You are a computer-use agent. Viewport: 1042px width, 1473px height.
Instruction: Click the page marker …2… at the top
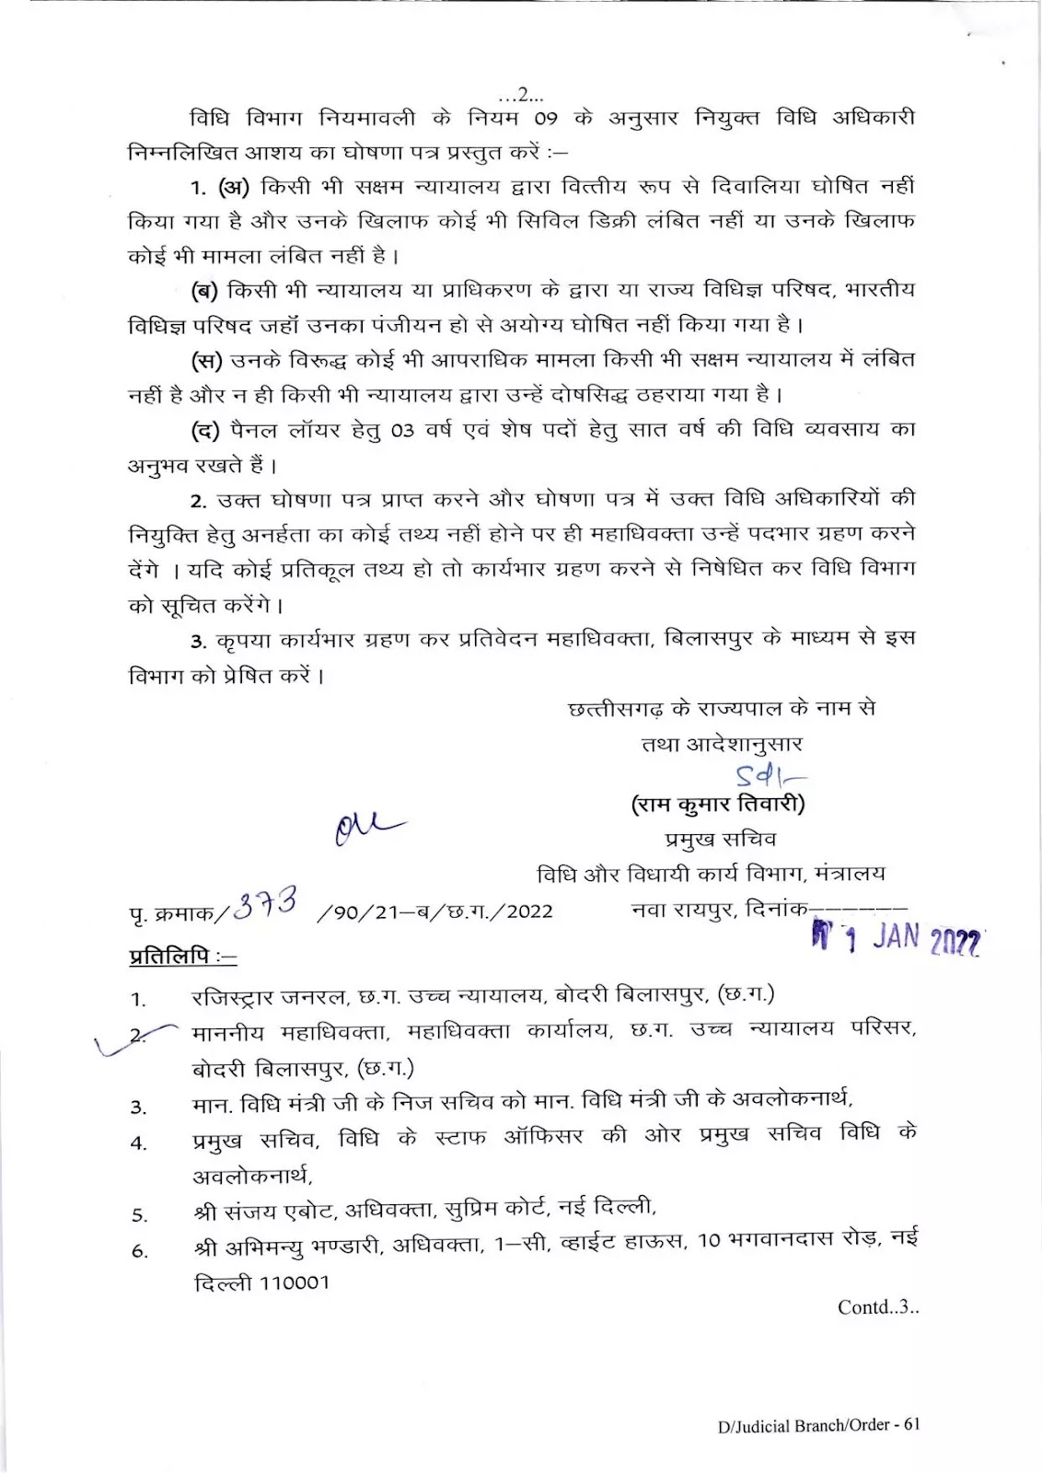[520, 94]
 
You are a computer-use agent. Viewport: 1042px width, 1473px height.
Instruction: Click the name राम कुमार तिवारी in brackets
[718, 805]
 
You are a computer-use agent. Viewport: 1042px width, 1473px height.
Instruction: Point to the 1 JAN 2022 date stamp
[897, 938]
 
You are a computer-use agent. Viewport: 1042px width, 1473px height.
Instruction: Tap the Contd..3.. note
[877, 1306]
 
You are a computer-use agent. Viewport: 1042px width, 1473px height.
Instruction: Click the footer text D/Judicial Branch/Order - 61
[818, 1424]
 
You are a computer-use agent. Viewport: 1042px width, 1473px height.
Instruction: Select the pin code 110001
[294, 1282]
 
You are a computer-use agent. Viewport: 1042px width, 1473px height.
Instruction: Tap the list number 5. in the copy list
[139, 1215]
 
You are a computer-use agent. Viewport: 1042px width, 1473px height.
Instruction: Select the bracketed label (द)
[205, 430]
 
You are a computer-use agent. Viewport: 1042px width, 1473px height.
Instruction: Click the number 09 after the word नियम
[546, 119]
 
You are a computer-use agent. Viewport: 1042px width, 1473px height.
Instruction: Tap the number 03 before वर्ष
[402, 430]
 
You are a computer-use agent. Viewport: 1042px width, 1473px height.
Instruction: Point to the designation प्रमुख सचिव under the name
[721, 839]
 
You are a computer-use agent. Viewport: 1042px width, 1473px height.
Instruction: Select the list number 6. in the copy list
[139, 1250]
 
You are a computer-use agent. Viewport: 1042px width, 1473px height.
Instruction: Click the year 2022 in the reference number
[529, 911]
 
